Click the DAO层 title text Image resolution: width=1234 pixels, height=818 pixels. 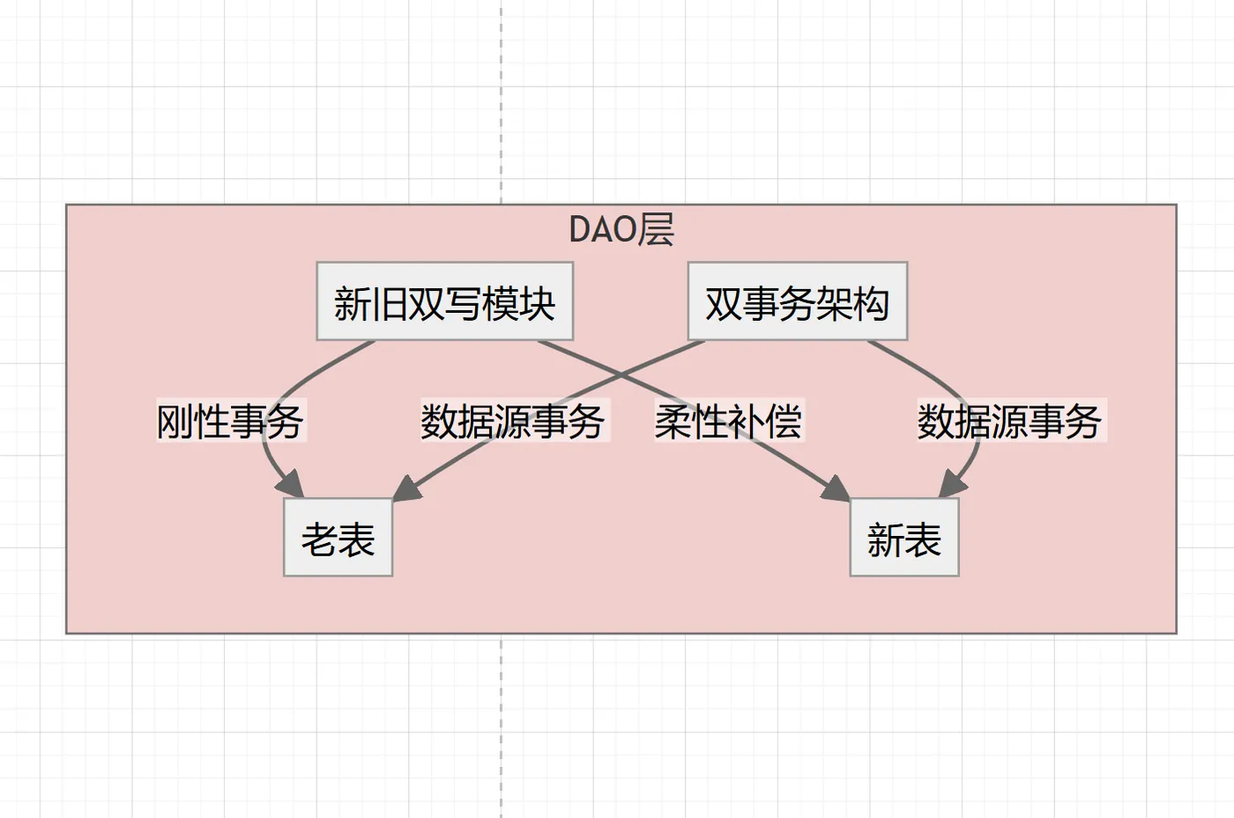pyautogui.click(x=621, y=229)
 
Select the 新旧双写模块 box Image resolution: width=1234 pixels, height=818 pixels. pyautogui.click(x=444, y=301)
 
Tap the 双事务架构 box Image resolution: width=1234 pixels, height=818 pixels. pyautogui.click(x=797, y=301)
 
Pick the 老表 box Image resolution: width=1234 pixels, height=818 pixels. pyautogui.click(x=338, y=538)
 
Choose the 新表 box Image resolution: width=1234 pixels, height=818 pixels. pyautogui.click(x=903, y=538)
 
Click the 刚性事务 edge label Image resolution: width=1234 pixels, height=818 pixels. pyautogui.click(x=230, y=421)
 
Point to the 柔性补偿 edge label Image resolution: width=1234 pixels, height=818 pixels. pyautogui.click(x=728, y=421)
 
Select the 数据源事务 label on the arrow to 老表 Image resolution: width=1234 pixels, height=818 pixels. pyautogui.click(x=513, y=421)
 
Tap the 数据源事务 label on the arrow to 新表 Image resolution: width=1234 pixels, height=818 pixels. pyautogui.click(x=1010, y=421)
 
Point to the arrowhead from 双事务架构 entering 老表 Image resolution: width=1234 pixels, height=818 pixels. pyautogui.click(x=406, y=489)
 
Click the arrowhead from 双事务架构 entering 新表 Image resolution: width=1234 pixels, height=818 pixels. pyautogui.click(x=952, y=486)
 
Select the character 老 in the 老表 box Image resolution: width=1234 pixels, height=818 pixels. pyautogui.click(x=319, y=539)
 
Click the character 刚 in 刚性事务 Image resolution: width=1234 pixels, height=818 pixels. pyautogui.click(x=175, y=421)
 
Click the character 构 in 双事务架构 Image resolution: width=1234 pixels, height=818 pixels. pyautogui.click(x=871, y=303)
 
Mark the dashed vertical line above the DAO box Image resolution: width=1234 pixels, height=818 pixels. pyautogui.click(x=502, y=97)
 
